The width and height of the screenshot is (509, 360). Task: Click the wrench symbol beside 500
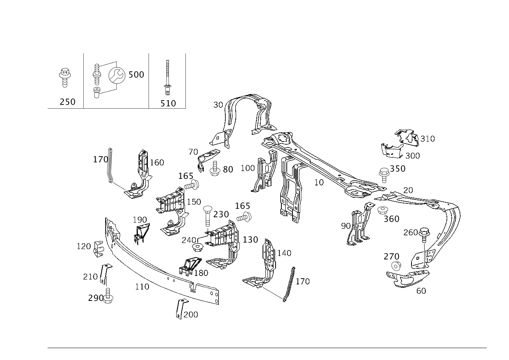pyautogui.click(x=117, y=75)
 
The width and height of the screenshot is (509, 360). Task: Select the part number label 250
pyautogui.click(x=68, y=102)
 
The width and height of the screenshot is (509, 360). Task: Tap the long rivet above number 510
pyautogui.click(x=167, y=78)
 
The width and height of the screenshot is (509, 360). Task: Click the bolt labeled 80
pyautogui.click(x=215, y=168)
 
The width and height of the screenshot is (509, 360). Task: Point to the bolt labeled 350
pyautogui.click(x=384, y=175)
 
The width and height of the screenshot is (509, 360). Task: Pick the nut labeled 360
pyautogui.click(x=383, y=210)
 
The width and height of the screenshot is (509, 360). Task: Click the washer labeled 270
pyautogui.click(x=396, y=266)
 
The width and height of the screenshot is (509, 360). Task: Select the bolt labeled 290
pyautogui.click(x=108, y=296)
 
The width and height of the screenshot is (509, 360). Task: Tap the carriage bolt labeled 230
pyautogui.click(x=207, y=216)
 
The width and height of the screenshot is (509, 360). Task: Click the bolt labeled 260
pyautogui.click(x=424, y=235)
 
